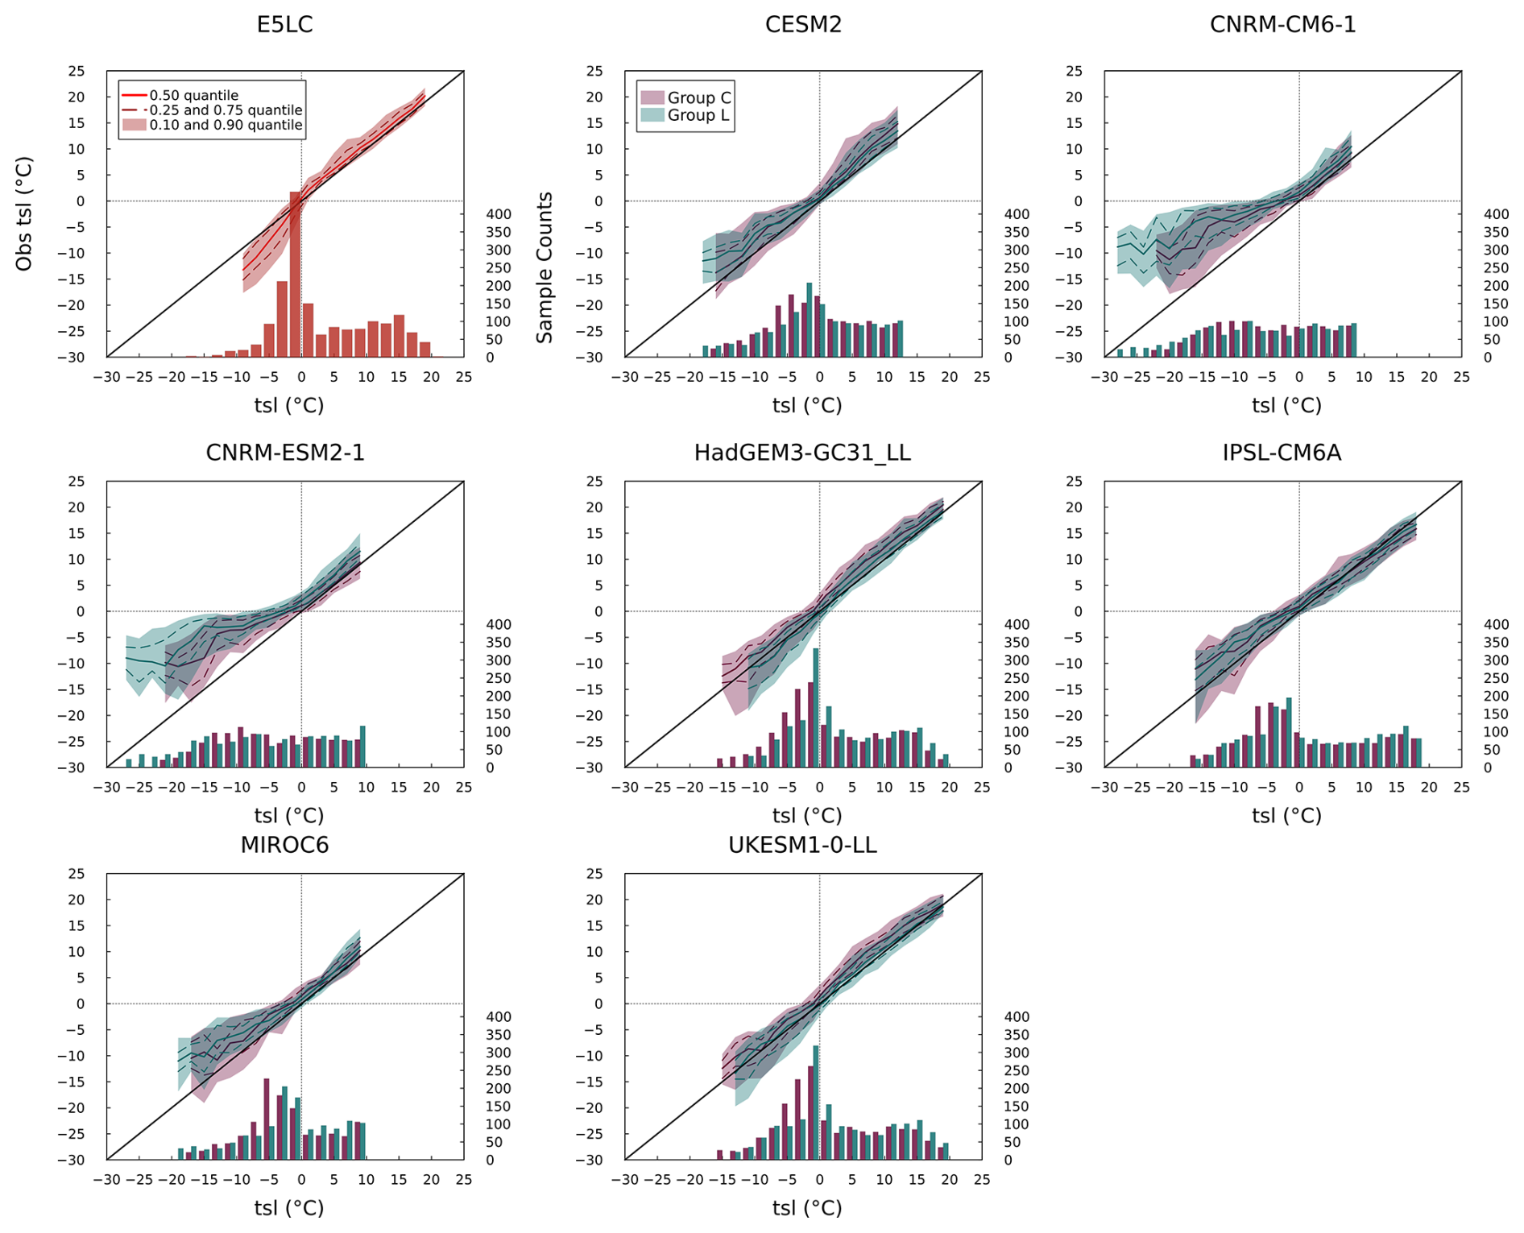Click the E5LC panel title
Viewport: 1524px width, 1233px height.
(284, 25)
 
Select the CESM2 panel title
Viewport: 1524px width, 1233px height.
(803, 25)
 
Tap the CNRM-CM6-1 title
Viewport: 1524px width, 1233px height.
(1282, 25)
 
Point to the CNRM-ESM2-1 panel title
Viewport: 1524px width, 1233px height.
(285, 453)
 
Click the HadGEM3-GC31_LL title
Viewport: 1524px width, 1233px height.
(802, 453)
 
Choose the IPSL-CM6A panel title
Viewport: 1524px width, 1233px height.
(1282, 453)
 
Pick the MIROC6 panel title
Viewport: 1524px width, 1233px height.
(284, 845)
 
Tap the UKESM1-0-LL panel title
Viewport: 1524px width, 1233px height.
(802, 845)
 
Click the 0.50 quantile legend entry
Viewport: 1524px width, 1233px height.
(193, 95)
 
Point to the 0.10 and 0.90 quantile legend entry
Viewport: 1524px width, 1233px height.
(226, 125)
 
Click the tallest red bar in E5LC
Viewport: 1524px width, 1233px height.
(295, 274)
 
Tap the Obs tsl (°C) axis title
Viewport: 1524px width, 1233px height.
(24, 213)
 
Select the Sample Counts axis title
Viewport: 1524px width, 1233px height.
(545, 267)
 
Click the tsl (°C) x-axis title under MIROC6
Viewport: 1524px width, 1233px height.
(289, 1207)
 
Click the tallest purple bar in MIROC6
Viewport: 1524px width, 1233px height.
(267, 1119)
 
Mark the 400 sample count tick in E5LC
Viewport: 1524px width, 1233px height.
(499, 214)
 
